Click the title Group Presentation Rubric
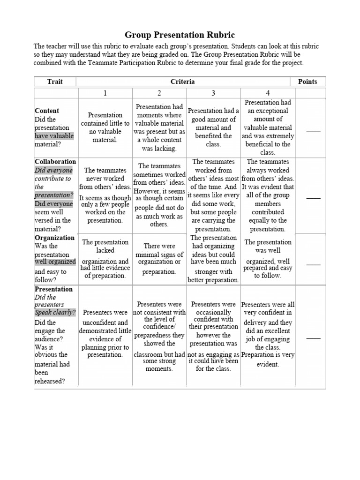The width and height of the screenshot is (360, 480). pyautogui.click(x=180, y=35)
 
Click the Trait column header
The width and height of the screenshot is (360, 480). pyautogui.click(x=55, y=82)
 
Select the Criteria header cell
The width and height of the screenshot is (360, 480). pyautogui.click(x=183, y=82)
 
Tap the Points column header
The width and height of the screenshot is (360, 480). pyautogui.click(x=307, y=82)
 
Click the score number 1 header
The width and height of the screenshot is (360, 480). pyautogui.click(x=105, y=93)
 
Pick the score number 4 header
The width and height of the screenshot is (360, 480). pyautogui.click(x=268, y=93)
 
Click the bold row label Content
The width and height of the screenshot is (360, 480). pyautogui.click(x=47, y=111)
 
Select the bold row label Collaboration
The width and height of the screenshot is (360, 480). pyautogui.click(x=55, y=162)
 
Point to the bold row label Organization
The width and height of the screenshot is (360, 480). pyautogui.click(x=55, y=238)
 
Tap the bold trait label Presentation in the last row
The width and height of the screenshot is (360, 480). pyautogui.click(x=54, y=289)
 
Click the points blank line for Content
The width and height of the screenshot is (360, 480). pyautogui.click(x=313, y=131)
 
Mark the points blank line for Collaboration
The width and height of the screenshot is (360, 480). pyautogui.click(x=313, y=198)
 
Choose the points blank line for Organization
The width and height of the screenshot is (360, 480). pyautogui.click(x=313, y=264)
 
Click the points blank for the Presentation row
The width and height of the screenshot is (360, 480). pyautogui.click(x=313, y=337)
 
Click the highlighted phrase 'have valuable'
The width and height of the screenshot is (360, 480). pyautogui.click(x=54, y=136)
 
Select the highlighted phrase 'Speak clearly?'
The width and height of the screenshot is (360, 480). pyautogui.click(x=55, y=313)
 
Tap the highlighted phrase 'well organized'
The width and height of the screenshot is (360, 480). pyautogui.click(x=55, y=262)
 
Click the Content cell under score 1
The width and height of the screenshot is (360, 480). pyautogui.click(x=105, y=127)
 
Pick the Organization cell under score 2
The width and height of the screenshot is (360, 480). pyautogui.click(x=159, y=259)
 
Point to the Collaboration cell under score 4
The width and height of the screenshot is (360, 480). pyautogui.click(x=268, y=195)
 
